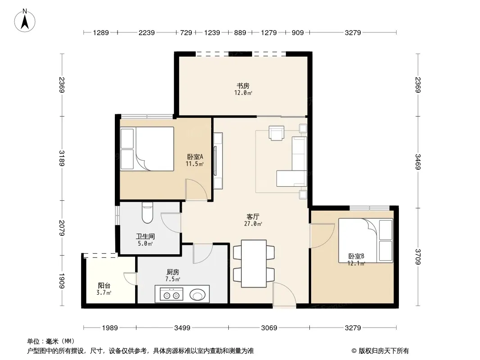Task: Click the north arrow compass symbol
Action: [x=25, y=20]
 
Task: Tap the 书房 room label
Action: [x=243, y=85]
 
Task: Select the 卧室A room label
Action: [x=195, y=157]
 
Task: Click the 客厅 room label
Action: [x=253, y=216]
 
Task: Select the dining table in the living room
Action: [x=254, y=264]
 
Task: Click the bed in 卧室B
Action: [x=366, y=240]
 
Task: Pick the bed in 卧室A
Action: [x=147, y=149]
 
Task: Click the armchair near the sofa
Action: [x=276, y=133]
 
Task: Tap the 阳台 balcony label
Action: [x=104, y=286]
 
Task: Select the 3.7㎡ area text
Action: [x=104, y=292]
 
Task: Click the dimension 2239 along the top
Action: [x=147, y=33]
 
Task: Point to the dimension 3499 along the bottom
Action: [x=182, y=328]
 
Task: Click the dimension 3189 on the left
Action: [x=62, y=158]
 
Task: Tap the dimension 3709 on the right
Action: [x=418, y=256]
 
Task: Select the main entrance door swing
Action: [x=285, y=294]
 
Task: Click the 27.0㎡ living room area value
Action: [x=253, y=224]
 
